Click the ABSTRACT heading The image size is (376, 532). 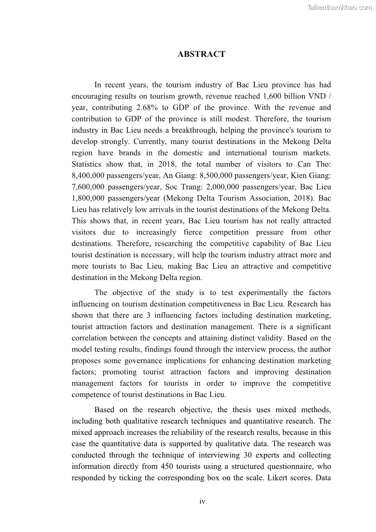pyautogui.click(x=201, y=54)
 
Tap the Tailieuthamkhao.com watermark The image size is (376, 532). pyautogui.click(x=340, y=7)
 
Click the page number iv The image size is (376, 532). pyautogui.click(x=202, y=501)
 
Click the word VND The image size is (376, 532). pyautogui.click(x=317, y=97)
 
